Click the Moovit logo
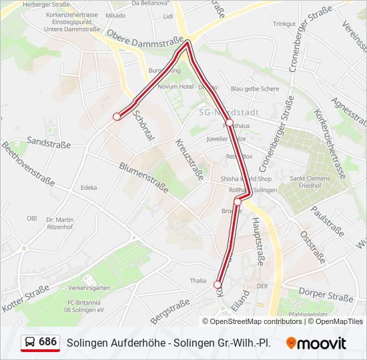click(x=316, y=343)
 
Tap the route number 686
click(x=47, y=341)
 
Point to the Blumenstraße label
click(x=143, y=177)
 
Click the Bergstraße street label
click(x=170, y=311)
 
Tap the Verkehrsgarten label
click(x=89, y=288)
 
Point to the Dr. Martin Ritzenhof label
click(x=60, y=223)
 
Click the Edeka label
click(x=88, y=188)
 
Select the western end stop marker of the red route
click(x=117, y=117)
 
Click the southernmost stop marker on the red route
click(x=218, y=285)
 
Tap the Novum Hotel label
click(x=176, y=87)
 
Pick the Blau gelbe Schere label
click(x=255, y=89)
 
